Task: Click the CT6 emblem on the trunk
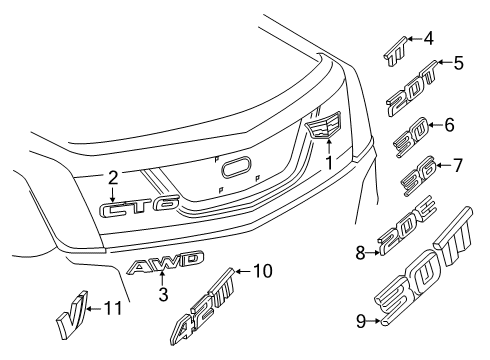(x=140, y=209)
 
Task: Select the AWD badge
(x=166, y=263)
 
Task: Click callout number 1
(x=329, y=159)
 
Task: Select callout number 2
(x=113, y=178)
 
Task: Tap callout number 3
(x=162, y=294)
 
